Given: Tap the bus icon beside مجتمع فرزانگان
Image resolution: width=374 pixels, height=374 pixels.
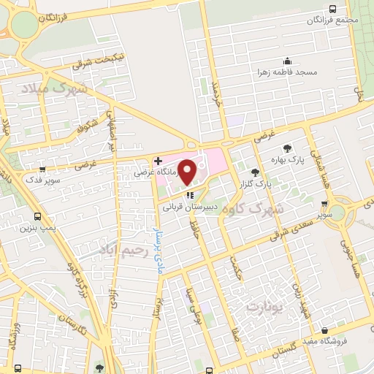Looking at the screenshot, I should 333,9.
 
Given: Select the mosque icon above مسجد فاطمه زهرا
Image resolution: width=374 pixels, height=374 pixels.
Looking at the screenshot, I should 288,62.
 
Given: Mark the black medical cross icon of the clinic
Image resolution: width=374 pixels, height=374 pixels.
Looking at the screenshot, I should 158,160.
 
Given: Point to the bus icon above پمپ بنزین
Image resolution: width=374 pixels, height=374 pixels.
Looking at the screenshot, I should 37,217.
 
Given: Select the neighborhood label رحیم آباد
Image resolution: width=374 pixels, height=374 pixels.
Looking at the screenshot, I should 121,253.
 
